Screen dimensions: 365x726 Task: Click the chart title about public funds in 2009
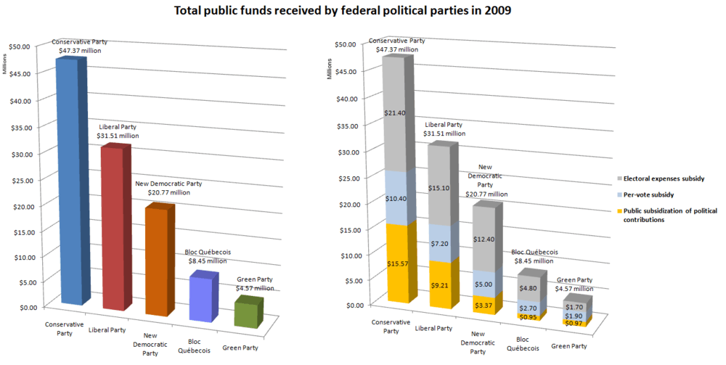[x=362, y=12]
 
